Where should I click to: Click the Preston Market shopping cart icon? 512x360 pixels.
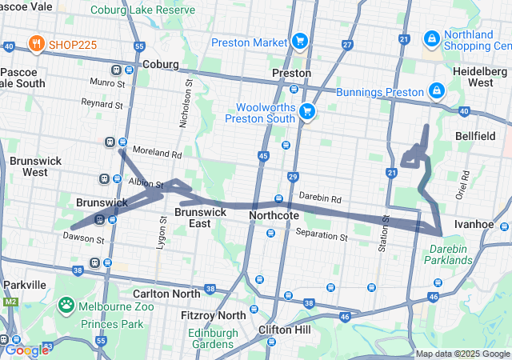pos(300,40)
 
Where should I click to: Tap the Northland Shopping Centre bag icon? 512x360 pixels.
pos(431,38)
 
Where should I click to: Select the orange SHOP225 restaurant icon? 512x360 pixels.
pos(36,44)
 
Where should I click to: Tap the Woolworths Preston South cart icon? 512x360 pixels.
pos(307,111)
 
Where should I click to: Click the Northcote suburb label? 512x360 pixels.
pos(274,216)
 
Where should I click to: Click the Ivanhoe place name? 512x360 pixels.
pos(472,224)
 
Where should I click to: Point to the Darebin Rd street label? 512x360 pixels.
pos(320,198)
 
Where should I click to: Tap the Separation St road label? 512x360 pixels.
pos(322,237)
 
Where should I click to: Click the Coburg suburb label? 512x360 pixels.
pos(160,64)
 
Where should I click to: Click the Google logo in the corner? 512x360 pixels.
pos(26,350)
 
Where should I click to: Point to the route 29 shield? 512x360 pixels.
pos(294,176)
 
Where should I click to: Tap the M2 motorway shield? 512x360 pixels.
pos(10,302)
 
